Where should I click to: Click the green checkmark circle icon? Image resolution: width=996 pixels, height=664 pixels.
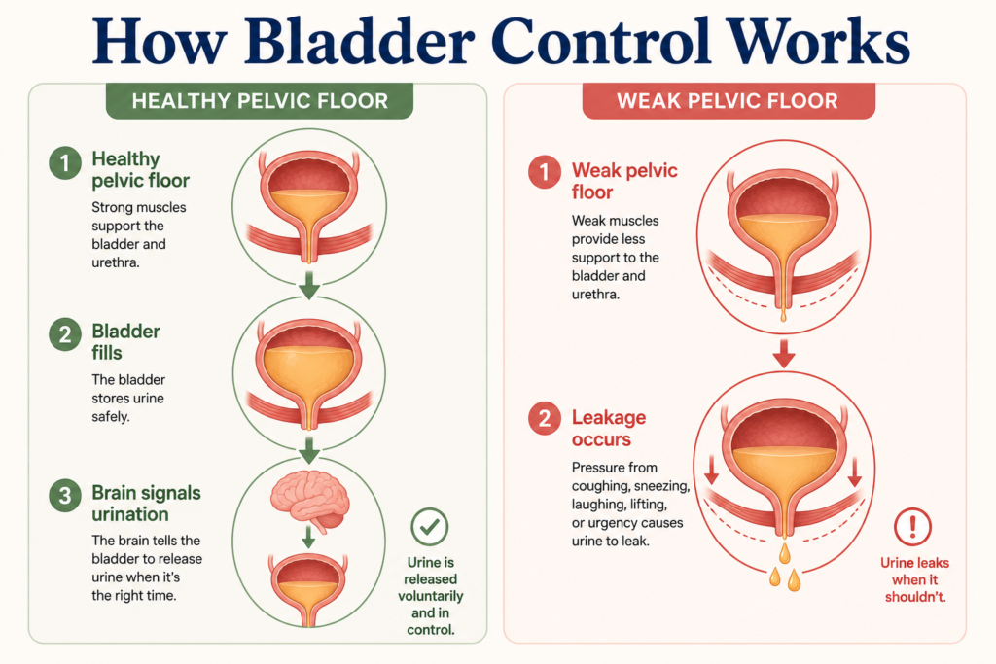pos(429,526)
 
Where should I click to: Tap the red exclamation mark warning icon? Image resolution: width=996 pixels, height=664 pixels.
pos(912,526)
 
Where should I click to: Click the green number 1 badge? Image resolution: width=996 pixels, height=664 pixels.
pos(65,163)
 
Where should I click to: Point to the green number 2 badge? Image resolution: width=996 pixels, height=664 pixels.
pos(65,334)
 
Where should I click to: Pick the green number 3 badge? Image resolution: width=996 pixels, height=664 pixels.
pos(65,495)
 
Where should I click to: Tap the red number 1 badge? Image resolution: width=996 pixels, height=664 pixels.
pos(545,172)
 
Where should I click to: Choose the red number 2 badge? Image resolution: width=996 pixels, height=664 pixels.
pos(545,418)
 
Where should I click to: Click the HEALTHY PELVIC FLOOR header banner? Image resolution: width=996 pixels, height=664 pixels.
pos(259,101)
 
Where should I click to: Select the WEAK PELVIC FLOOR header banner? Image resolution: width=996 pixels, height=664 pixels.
pos(728,101)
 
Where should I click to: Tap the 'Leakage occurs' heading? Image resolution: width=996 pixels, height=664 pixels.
pos(609,429)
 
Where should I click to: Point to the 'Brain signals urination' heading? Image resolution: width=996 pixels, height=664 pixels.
pos(146,504)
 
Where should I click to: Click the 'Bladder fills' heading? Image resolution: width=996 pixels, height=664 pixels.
pos(125,341)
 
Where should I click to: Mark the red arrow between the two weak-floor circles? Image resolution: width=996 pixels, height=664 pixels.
pos(784,354)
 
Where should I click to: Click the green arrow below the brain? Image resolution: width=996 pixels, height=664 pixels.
pos(308,537)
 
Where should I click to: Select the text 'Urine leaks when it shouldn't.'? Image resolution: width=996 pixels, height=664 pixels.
pos(914,579)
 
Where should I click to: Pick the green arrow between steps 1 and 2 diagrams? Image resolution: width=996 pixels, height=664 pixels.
pos(309,286)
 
